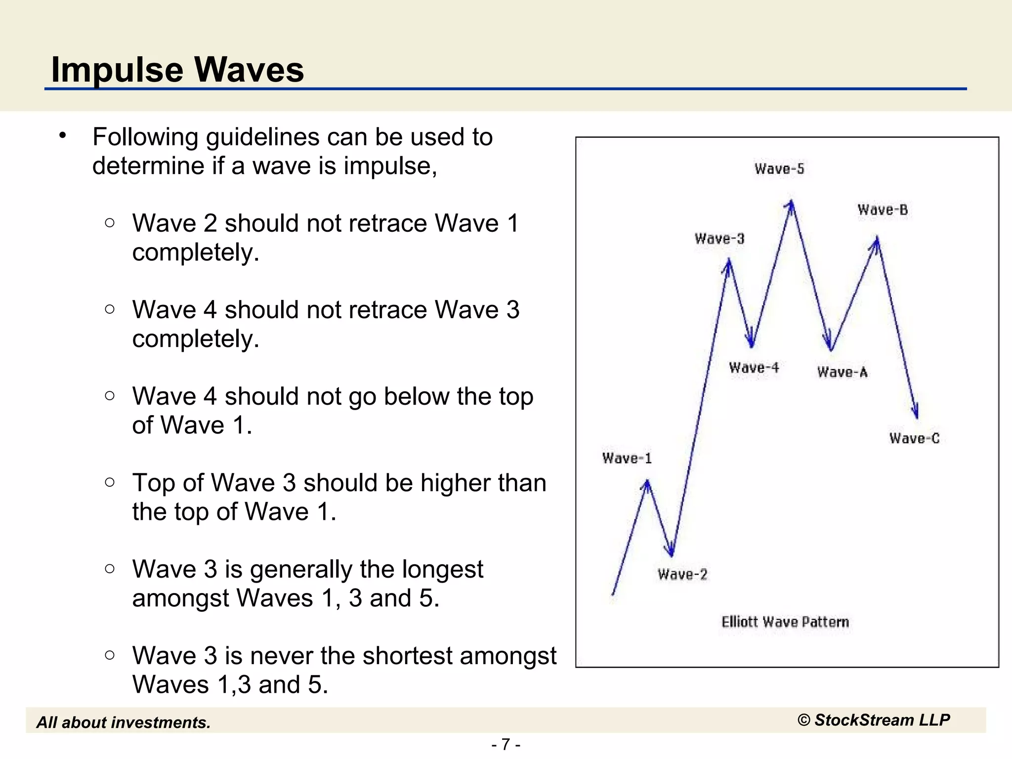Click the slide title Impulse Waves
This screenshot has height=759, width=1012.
[x=177, y=69]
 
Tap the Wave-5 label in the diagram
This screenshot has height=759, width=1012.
[x=779, y=169]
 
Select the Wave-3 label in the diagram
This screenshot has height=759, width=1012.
[x=719, y=239]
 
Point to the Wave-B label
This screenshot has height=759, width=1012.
[x=883, y=210]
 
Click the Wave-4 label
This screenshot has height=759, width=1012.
[x=754, y=368]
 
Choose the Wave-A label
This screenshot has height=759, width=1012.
[x=843, y=372]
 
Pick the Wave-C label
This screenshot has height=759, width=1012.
[x=914, y=438]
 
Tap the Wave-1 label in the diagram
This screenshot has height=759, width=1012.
[x=627, y=459]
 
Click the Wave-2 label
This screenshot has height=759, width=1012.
[x=682, y=574]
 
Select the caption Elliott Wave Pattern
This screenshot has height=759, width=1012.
[x=785, y=622]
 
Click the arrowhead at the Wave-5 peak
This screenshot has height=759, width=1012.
[x=791, y=205]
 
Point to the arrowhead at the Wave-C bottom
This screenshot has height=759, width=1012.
[x=916, y=413]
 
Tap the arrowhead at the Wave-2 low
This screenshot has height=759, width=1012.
[x=671, y=550]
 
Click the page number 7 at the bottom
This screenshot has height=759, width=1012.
[x=506, y=744]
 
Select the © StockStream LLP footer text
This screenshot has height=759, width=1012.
[x=874, y=720]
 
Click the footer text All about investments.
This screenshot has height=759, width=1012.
[x=124, y=722]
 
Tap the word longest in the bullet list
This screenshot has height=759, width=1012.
[x=442, y=569]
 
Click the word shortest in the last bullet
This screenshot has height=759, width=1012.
[x=408, y=656]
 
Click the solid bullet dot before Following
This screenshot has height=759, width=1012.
[x=62, y=135]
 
